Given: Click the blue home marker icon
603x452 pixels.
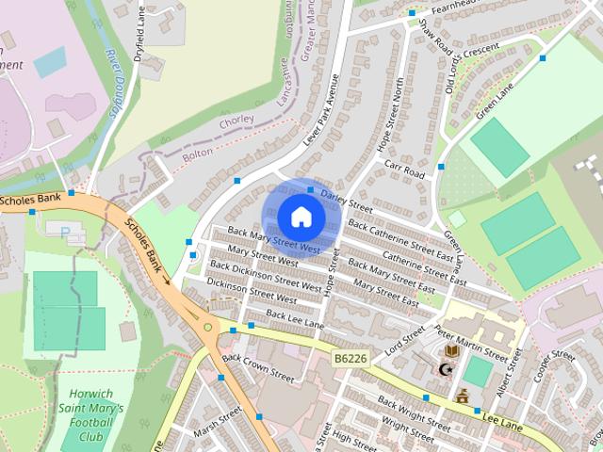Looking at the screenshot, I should (x=301, y=217).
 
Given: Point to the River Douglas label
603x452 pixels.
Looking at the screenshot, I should (x=112, y=83).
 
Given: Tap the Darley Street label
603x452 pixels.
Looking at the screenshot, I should (x=347, y=199).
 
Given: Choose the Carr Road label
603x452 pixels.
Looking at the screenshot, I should (x=406, y=169).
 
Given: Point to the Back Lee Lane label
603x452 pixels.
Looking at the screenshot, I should (x=295, y=318).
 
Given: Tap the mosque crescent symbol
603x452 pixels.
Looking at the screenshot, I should (x=446, y=369).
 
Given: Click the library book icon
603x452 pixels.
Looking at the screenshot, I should (x=452, y=350).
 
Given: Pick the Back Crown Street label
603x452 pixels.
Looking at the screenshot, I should (x=258, y=365).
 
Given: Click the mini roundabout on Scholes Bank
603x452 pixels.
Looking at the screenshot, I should (x=207, y=327).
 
